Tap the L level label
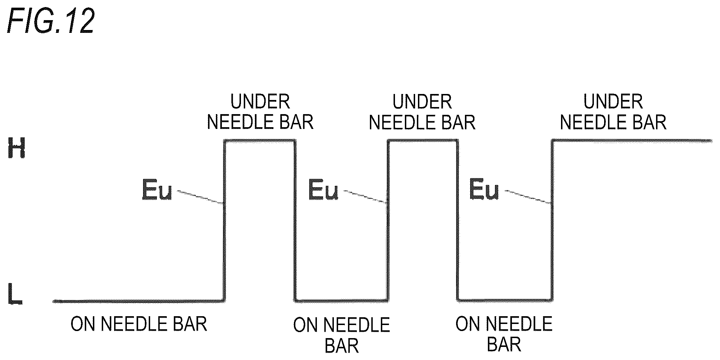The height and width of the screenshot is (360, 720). (x=15, y=294)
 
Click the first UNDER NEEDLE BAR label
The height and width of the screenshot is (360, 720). (x=260, y=112)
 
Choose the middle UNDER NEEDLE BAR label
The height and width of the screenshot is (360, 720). (x=422, y=112)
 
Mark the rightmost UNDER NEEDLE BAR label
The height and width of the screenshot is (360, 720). (x=613, y=112)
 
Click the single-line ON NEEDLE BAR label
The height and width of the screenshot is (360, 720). (x=139, y=324)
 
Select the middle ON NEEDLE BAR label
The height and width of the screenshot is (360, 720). (x=342, y=335)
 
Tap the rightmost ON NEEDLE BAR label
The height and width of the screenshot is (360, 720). (x=504, y=334)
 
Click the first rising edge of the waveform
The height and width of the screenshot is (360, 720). (x=224, y=221)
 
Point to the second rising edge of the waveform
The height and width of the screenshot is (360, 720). (x=388, y=221)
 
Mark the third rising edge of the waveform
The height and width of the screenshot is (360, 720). (x=552, y=221)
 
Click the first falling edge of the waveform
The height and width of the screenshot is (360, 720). (x=295, y=221)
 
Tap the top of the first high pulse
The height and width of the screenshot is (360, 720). (x=259, y=141)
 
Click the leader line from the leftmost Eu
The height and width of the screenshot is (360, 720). (x=200, y=197)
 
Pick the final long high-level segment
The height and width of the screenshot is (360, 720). (x=632, y=141)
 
